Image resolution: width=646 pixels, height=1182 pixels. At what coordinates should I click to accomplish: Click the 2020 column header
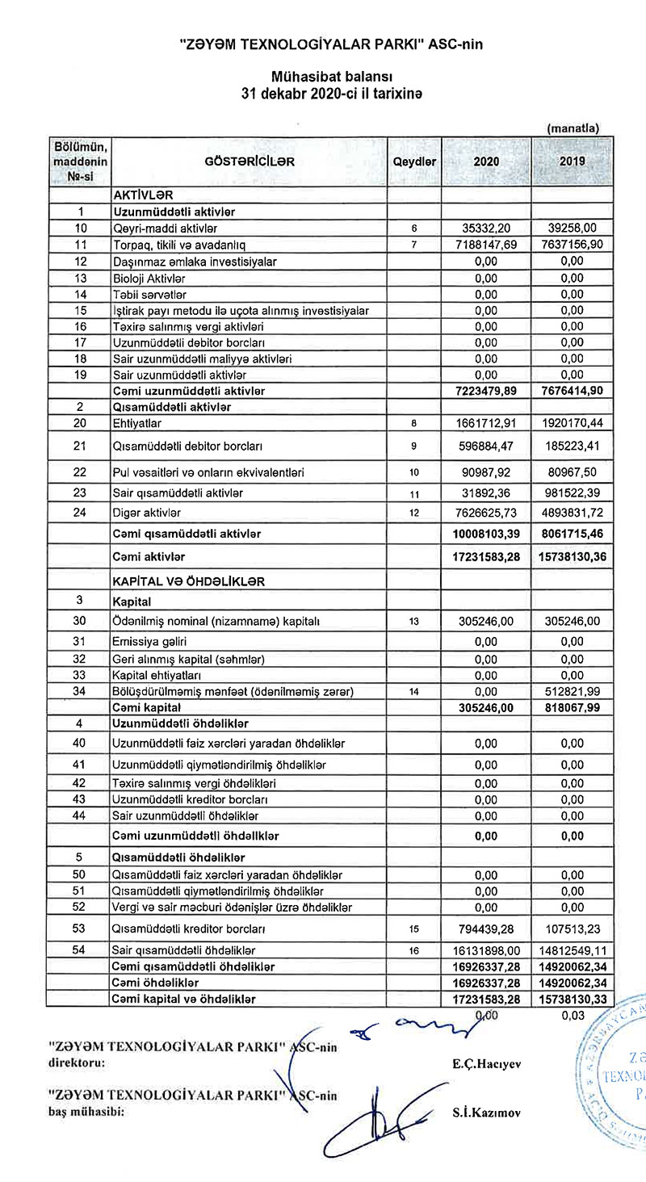tap(486, 161)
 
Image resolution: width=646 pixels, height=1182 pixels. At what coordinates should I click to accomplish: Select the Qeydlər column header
tap(413, 161)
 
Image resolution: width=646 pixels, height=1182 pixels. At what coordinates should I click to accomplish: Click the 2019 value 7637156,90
tap(571, 245)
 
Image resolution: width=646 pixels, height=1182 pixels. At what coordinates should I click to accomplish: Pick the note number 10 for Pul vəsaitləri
tap(413, 472)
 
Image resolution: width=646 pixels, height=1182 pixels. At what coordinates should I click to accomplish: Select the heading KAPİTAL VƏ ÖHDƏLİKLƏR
tap(191, 581)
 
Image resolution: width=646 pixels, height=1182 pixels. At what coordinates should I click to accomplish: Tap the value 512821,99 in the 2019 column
tap(571, 692)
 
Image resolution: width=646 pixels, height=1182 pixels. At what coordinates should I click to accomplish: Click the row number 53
tap(79, 928)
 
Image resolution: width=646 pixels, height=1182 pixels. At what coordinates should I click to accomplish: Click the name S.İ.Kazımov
tap(487, 1112)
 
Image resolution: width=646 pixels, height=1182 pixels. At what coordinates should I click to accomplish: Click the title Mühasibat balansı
tap(332, 78)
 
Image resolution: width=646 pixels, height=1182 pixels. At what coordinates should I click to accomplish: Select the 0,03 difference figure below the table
tap(572, 1016)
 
